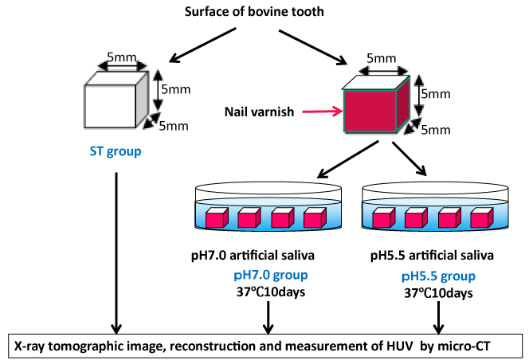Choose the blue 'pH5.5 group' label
438,277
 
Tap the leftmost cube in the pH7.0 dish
217,217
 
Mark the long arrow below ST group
116,255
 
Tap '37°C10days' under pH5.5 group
438,293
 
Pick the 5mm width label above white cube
123,58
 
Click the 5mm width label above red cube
382,58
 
